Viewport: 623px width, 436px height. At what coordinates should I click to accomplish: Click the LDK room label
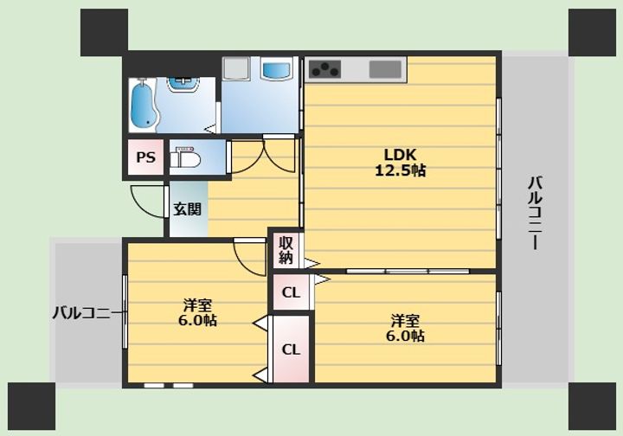tap(400, 154)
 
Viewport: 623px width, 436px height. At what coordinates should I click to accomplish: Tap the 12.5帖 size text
tap(400, 170)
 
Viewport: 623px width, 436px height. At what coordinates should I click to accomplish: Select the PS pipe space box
tap(145, 157)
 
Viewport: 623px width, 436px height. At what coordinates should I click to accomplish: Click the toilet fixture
tap(185, 157)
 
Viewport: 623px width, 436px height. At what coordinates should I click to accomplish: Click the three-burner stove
tap(325, 69)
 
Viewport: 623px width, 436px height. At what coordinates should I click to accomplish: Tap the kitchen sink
tap(385, 69)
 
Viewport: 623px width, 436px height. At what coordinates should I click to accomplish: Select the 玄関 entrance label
tap(187, 208)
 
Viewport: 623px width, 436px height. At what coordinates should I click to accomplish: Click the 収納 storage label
tap(286, 250)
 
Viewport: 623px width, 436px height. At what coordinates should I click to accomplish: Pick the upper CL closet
tap(291, 292)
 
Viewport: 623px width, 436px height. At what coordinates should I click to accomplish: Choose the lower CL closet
tap(291, 349)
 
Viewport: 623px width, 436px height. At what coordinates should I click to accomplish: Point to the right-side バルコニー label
tap(536, 213)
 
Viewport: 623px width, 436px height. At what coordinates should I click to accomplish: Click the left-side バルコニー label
tap(87, 313)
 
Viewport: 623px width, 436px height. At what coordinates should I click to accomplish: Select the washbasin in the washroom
tap(183, 83)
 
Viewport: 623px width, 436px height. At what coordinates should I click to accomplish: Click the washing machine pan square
tap(236, 68)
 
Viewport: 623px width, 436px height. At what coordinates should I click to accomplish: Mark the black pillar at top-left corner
tap(104, 33)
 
